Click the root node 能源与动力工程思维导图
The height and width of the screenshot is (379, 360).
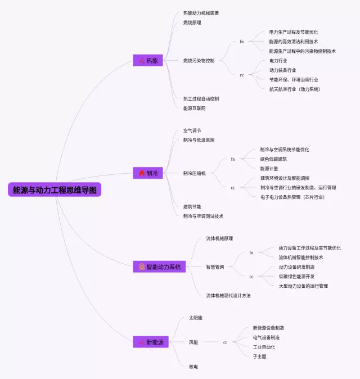55,190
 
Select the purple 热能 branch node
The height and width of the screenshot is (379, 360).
147,60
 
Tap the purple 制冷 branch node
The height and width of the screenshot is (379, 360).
147,173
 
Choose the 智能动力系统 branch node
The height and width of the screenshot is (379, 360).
159,267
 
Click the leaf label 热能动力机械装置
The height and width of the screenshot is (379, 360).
201,13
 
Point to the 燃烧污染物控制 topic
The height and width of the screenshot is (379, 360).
199,60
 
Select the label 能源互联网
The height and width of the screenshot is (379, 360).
194,108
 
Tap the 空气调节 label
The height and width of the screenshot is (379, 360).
192,130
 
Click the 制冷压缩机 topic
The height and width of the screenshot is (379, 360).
194,173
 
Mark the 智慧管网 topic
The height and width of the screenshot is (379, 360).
215,267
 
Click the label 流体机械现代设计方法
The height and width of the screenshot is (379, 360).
228,295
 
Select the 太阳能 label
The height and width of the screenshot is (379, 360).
195,318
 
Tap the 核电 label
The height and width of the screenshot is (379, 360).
193,366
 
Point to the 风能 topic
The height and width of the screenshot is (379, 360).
193,342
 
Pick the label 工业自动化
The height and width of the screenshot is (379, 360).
264,347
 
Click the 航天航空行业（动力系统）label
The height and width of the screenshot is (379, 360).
295,89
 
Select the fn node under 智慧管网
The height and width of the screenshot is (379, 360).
251,253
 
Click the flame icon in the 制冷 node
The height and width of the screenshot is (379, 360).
141,173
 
